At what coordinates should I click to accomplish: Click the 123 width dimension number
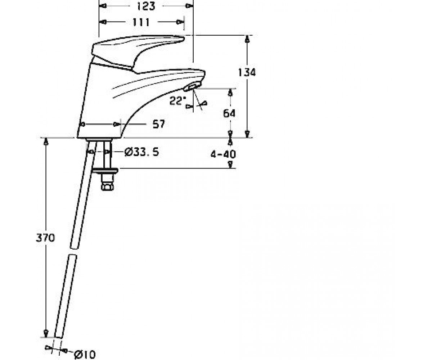[x=146, y=6]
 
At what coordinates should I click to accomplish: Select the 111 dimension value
[x=141, y=22]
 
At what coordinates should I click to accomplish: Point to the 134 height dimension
[x=247, y=72]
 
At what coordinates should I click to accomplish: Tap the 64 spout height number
[x=229, y=113]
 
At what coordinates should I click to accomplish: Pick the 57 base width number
[x=159, y=124]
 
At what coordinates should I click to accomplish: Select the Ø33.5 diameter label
[x=142, y=152]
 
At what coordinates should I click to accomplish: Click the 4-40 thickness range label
[x=223, y=154]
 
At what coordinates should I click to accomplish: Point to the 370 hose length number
[x=45, y=238]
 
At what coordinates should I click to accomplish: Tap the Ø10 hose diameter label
[x=85, y=355]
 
